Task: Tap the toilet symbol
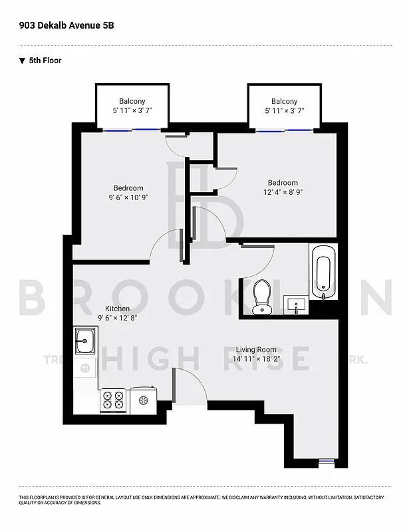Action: pos(261,295)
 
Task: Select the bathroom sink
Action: pos(295,305)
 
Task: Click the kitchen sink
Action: pos(84,341)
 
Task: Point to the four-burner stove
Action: pos(113,400)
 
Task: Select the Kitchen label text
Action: pos(118,309)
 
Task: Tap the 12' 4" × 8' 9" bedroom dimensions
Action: pos(283,192)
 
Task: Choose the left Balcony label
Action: pos(132,101)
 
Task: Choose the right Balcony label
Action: pos(284,101)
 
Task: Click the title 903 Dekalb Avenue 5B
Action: pos(61,25)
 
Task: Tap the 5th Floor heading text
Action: pos(45,61)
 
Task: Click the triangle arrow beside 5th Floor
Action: pos(23,61)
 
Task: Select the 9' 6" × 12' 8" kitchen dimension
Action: pos(118,318)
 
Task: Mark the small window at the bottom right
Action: pos(326,460)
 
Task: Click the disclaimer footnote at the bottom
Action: pos(200,499)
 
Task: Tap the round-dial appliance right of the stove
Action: pos(142,400)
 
